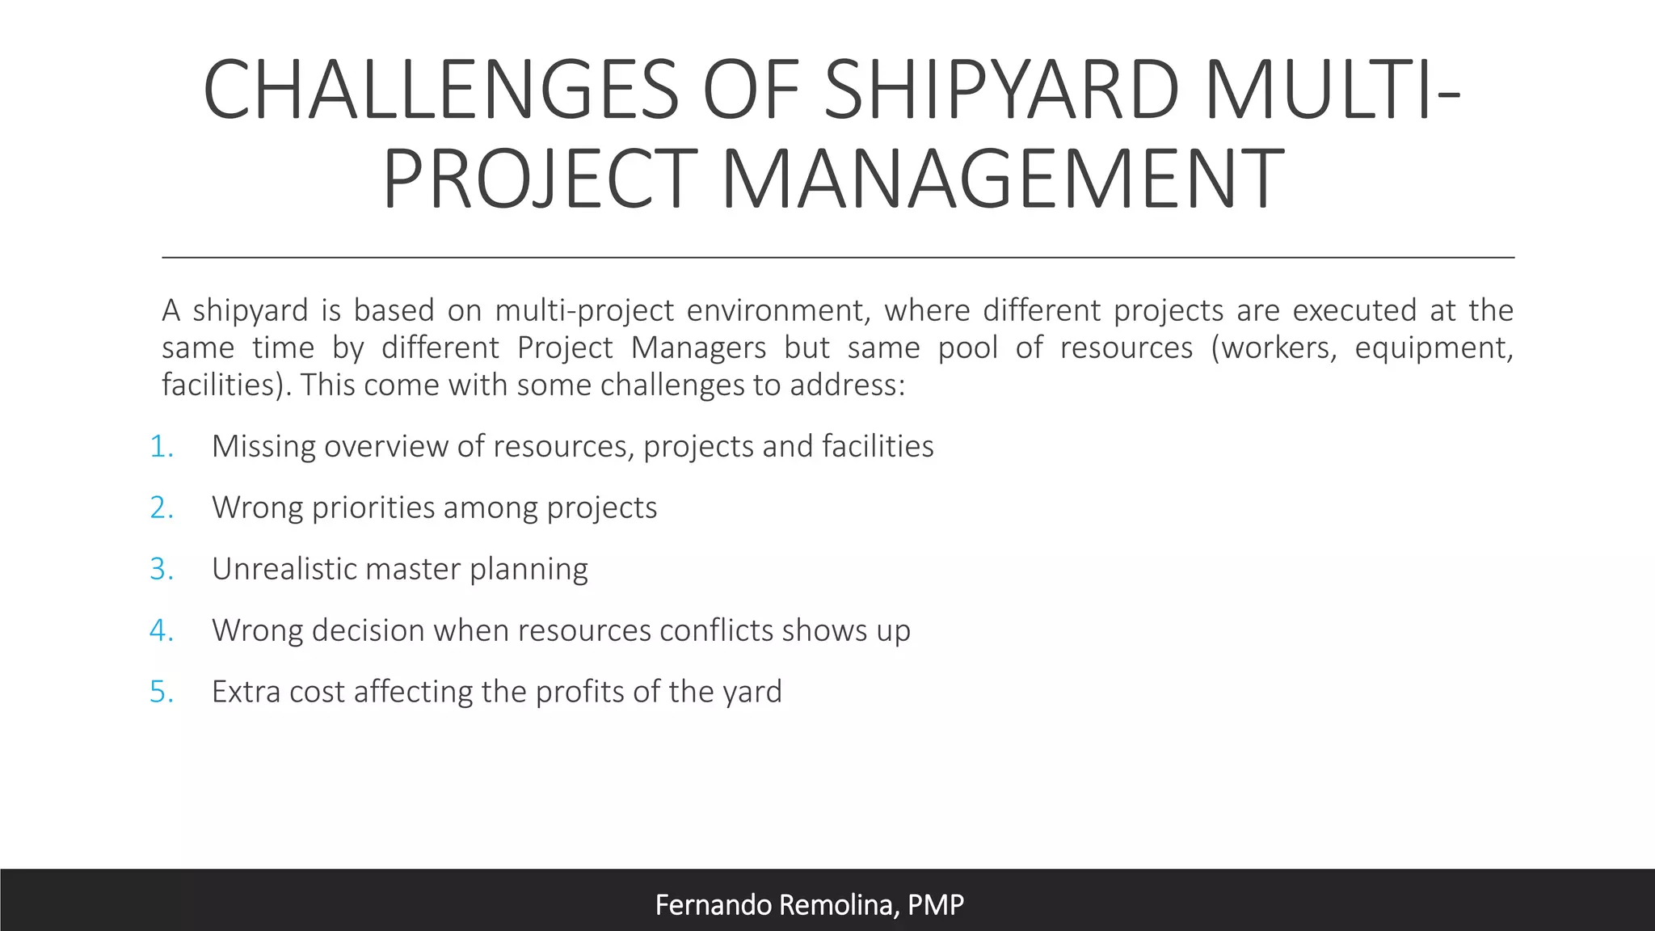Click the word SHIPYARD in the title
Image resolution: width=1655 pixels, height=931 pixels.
coord(1001,91)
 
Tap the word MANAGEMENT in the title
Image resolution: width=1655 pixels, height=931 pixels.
coord(1001,179)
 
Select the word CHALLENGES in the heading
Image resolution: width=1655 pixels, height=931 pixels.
coord(440,91)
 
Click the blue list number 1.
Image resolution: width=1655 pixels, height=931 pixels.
coord(161,447)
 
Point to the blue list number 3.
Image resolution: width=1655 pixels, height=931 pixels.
coord(161,570)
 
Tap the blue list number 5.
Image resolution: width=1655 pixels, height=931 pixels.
coord(161,693)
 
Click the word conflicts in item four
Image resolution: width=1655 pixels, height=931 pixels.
coord(716,631)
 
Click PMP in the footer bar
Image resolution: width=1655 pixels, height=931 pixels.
coord(936,905)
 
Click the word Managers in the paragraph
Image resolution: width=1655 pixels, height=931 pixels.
coord(698,348)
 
